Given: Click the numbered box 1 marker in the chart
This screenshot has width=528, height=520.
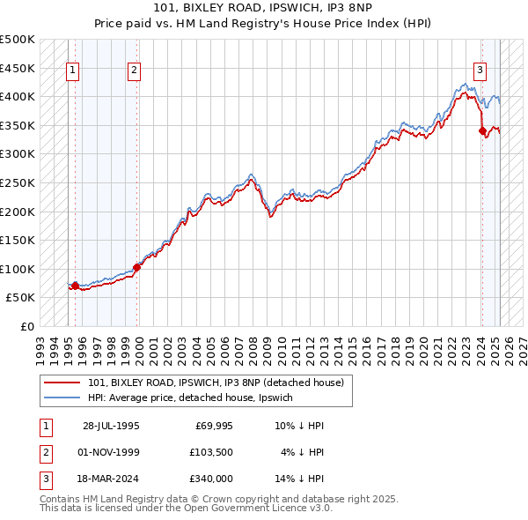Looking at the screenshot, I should [x=71, y=72].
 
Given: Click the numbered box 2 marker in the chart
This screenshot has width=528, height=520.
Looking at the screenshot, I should [x=134, y=72].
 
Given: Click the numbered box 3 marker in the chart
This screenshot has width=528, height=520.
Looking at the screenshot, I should [x=480, y=72].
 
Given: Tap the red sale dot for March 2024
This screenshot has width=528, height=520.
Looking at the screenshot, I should [x=482, y=131].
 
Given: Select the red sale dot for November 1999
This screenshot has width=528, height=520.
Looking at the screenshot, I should [x=136, y=267].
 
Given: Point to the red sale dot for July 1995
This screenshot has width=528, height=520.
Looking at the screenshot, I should [x=75, y=286].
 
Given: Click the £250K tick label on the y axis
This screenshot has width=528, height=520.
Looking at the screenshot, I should [x=18, y=182].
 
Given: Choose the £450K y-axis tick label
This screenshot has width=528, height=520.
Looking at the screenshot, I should [x=18, y=68].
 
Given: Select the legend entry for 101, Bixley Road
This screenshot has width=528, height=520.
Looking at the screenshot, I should [x=220, y=383].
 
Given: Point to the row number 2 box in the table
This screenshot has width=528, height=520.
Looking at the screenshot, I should [x=44, y=452].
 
